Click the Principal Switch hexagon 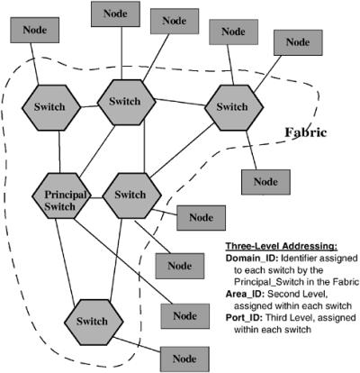[x=61, y=196]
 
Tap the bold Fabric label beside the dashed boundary [x=305, y=132]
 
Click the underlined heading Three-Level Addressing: [x=282, y=246]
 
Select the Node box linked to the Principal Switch [x=185, y=316]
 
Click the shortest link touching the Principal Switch [x=96, y=198]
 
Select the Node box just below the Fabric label [x=265, y=182]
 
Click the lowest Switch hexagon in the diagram [x=94, y=323]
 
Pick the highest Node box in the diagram [x=115, y=14]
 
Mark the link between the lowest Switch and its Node [x=137, y=345]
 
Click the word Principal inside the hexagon [x=66, y=195]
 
